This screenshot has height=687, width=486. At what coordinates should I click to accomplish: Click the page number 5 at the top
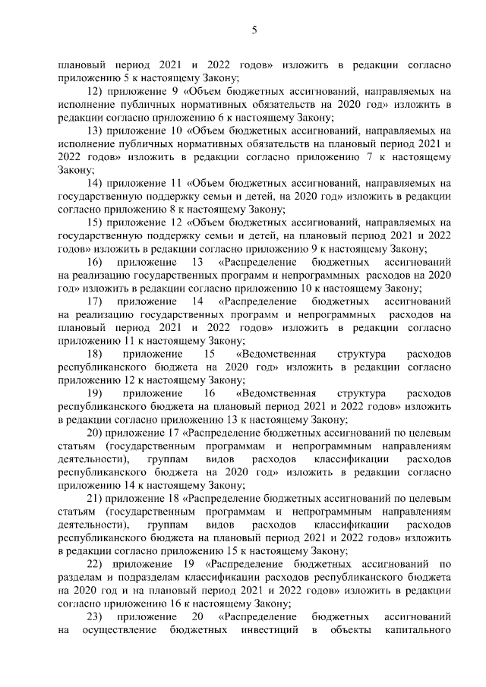255,30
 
